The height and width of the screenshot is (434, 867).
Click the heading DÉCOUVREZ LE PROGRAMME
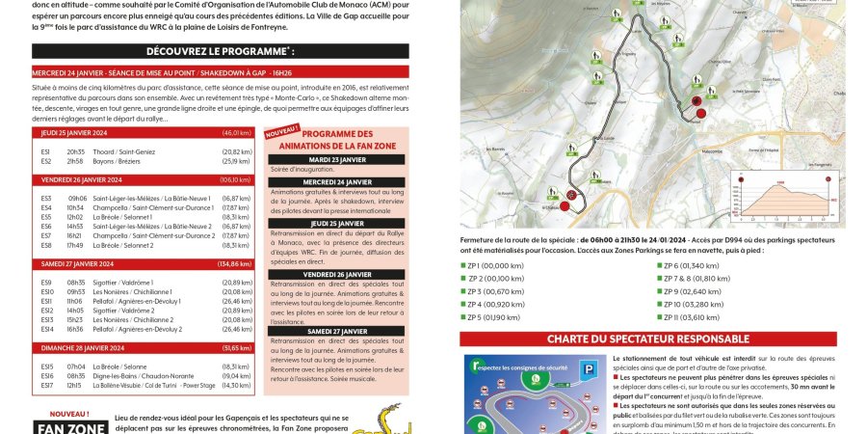coord(221,50)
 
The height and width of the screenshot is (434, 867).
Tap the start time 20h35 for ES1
coord(75,151)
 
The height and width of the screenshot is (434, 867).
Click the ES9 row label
coord(47,283)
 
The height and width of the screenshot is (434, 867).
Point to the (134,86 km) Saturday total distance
coord(234,264)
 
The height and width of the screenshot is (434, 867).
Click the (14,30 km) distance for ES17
coord(236,385)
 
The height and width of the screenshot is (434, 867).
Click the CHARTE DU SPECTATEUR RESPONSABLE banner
coord(648,339)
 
